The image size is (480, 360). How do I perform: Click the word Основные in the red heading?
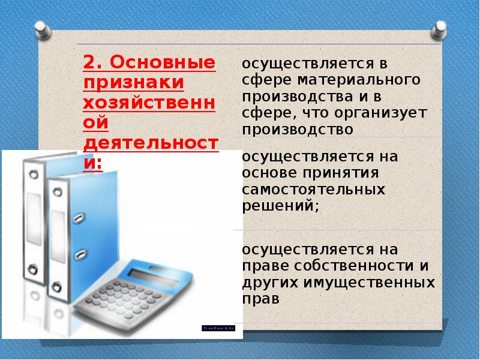click(161, 63)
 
